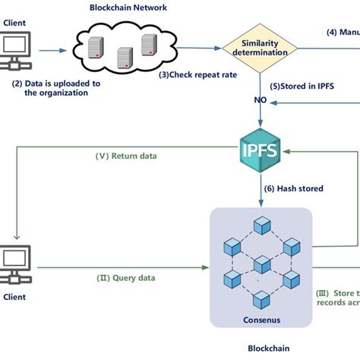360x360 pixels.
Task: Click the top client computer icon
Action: click(17, 52)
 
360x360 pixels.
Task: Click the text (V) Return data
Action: click(126, 157)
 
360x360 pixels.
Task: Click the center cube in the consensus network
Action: click(262, 264)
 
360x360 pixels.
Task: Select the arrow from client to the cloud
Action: click(52, 52)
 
